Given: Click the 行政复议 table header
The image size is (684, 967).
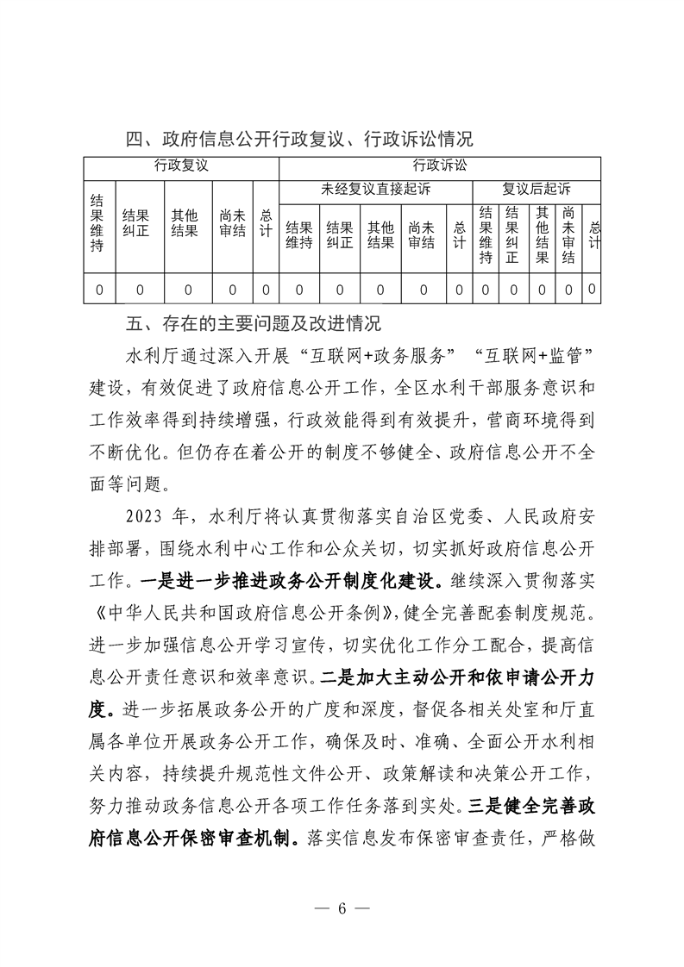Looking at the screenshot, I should (181, 165).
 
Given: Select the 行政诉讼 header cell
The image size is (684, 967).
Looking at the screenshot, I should (440, 165).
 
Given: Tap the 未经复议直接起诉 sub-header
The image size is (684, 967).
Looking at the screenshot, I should (376, 189).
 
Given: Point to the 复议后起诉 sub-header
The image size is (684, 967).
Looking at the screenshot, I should (537, 189).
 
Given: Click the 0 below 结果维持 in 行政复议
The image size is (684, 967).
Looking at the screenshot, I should (98, 290).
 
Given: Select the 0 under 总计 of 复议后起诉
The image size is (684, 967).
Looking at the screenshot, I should (592, 290).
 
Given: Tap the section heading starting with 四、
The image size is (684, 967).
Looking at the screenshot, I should (298, 139).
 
